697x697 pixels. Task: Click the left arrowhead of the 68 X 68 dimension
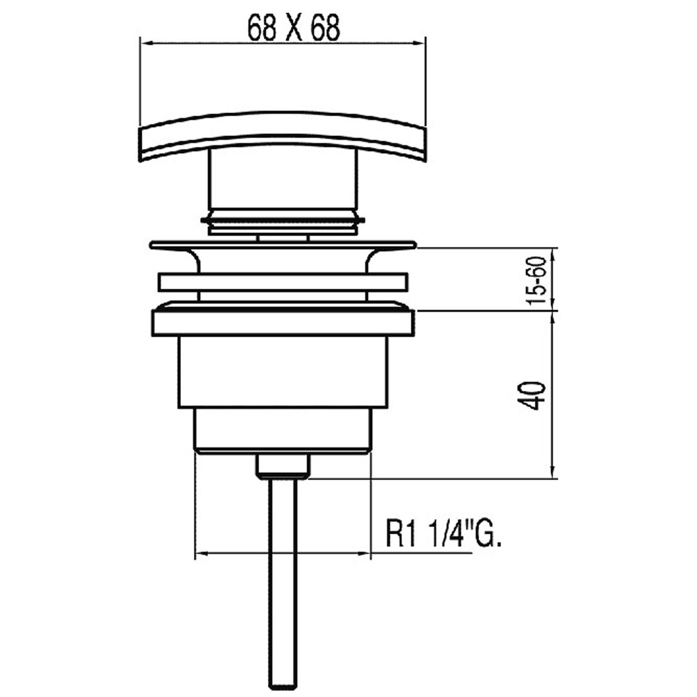click(145, 42)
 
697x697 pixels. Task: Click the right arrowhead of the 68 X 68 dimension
click(421, 42)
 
